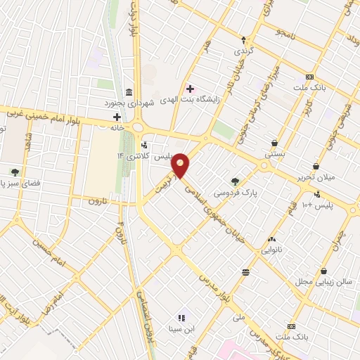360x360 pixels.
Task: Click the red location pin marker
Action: [x=181, y=166]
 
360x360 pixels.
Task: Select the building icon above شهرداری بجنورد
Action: [x=128, y=92]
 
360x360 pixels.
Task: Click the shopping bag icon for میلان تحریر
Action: [x=316, y=167]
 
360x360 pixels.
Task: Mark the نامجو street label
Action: [x=290, y=33]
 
